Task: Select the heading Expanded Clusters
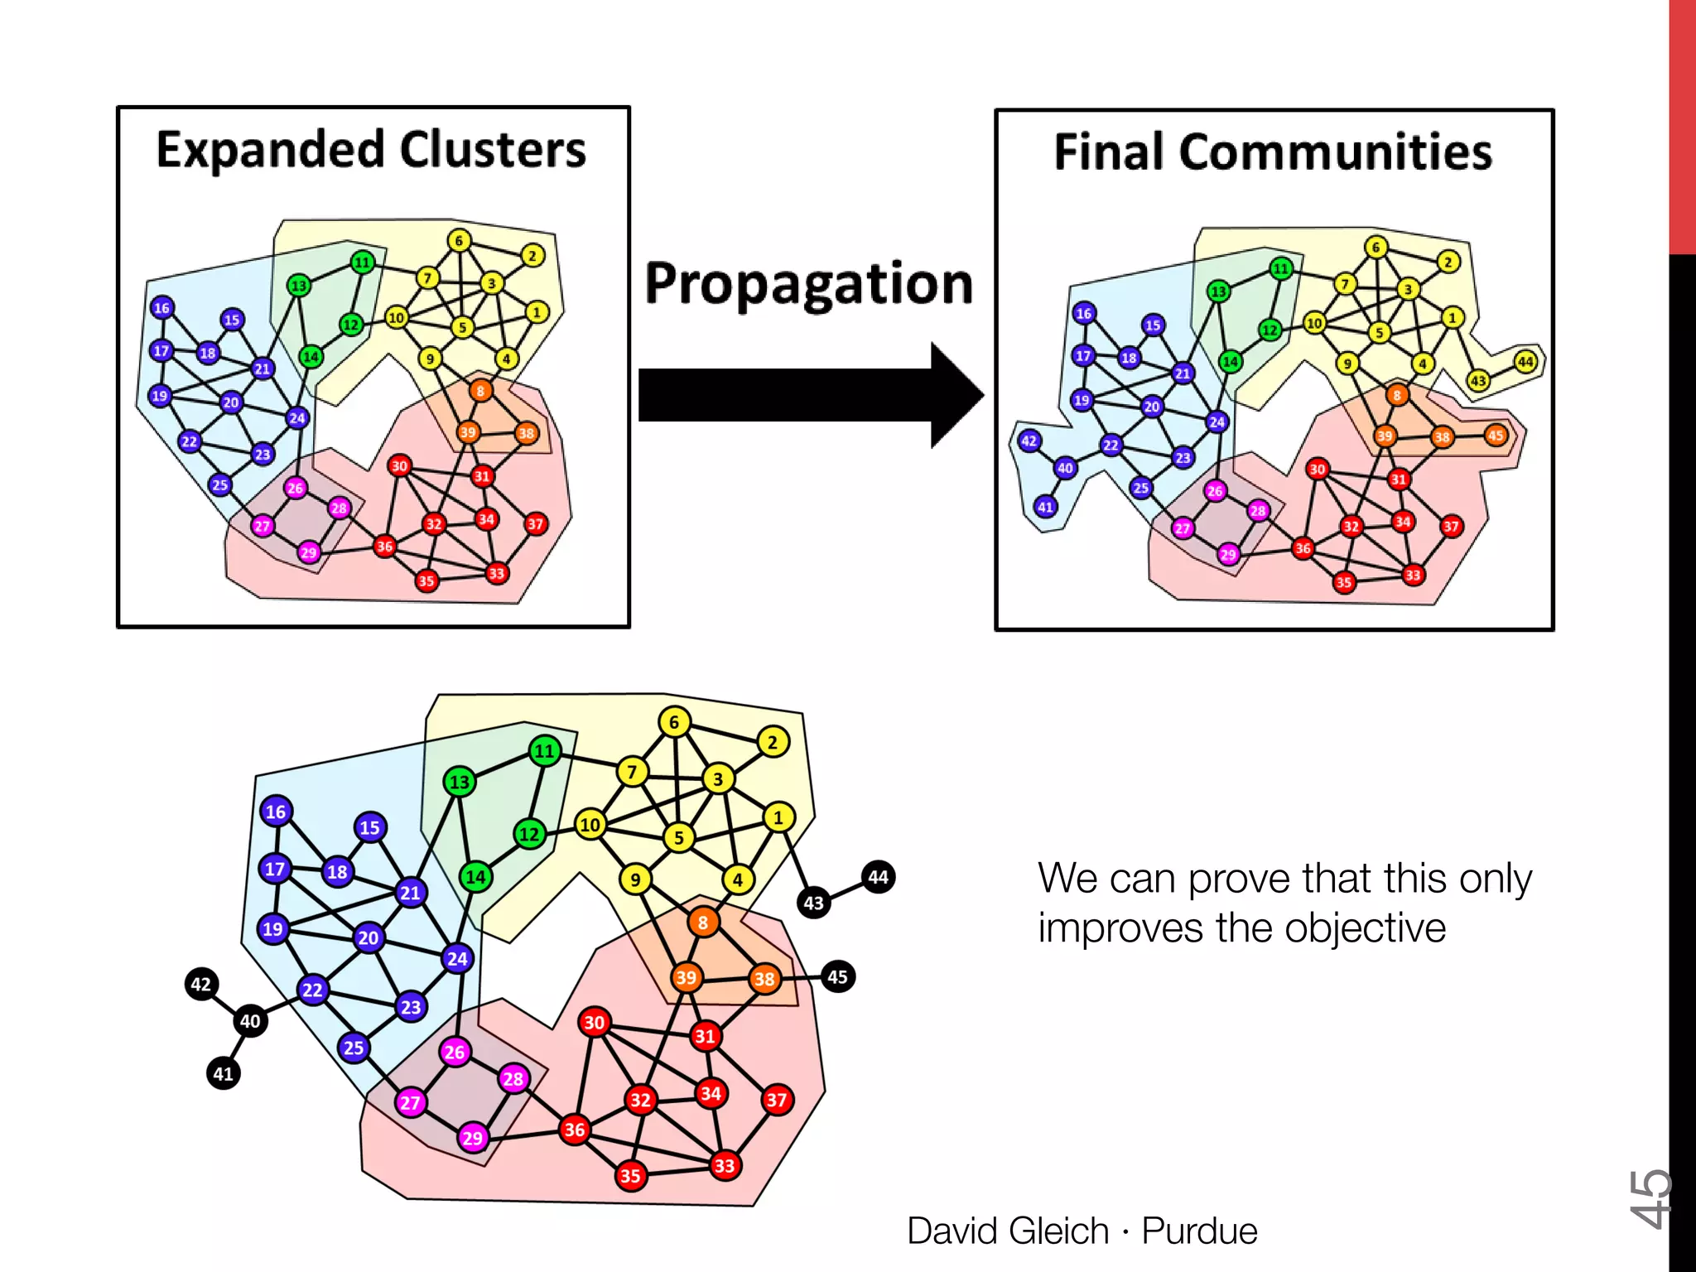click(x=371, y=150)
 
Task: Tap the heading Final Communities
click(x=1273, y=152)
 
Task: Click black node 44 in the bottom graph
click(x=878, y=877)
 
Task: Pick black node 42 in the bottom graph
click(x=201, y=984)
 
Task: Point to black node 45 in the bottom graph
click(x=837, y=976)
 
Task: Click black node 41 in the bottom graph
click(x=223, y=1073)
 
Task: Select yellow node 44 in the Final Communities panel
click(x=1525, y=362)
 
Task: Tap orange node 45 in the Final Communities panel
click(x=1496, y=436)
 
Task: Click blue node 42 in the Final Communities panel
click(x=1029, y=441)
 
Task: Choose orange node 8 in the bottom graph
click(x=702, y=922)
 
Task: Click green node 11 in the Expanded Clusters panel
click(x=363, y=263)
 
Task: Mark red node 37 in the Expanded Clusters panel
click(x=536, y=523)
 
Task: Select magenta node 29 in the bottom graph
click(x=473, y=1137)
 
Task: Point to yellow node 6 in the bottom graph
click(x=674, y=722)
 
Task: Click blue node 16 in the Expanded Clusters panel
click(x=161, y=308)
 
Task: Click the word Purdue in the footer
click(x=1199, y=1231)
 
